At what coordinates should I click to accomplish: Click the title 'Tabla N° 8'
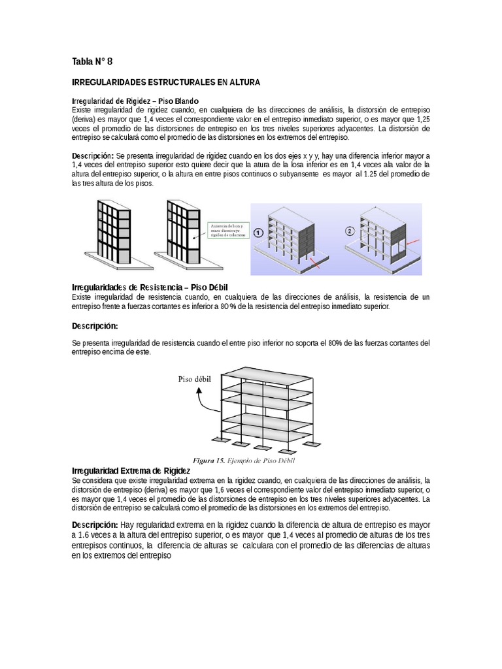tap(92, 62)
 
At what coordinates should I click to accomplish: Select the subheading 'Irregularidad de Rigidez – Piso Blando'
tap(130, 101)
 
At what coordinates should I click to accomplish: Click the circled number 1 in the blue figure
tap(259, 232)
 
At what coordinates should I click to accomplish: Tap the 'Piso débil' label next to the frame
tap(195, 378)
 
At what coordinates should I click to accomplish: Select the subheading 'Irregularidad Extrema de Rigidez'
tap(130, 470)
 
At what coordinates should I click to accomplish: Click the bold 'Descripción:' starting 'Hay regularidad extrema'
tap(94, 525)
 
